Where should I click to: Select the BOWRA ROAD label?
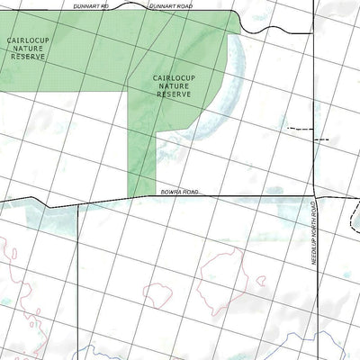click(x=179, y=192)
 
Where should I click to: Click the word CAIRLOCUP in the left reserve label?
click(x=28, y=40)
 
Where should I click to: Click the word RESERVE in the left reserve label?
click(x=28, y=57)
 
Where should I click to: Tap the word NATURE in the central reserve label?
click(x=175, y=85)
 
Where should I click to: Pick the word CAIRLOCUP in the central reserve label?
click(x=175, y=77)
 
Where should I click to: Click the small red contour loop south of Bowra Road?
click(x=159, y=294)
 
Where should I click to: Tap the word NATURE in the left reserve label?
click(x=28, y=49)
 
